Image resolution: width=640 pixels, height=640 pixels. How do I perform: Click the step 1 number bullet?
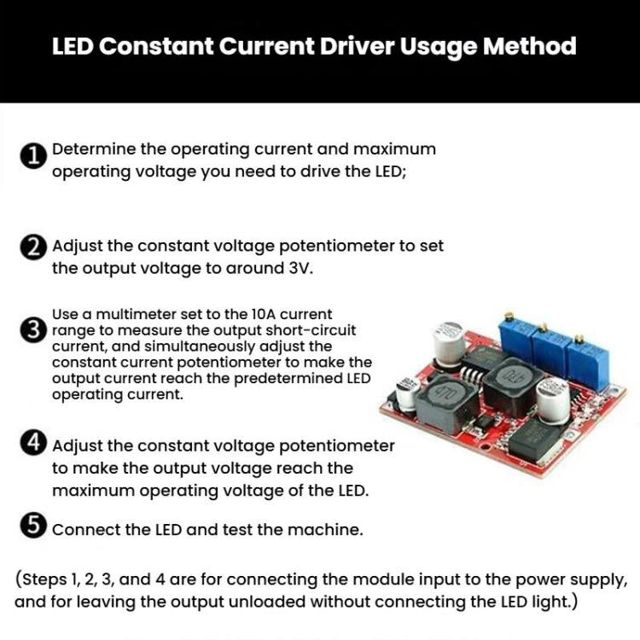tap(32, 157)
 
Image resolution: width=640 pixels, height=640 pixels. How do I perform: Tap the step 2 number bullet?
tap(32, 248)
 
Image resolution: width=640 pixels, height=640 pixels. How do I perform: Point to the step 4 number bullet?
tap(32, 443)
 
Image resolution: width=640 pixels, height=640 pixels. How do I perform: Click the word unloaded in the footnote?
tap(268, 602)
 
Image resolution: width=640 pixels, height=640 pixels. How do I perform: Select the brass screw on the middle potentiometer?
tap(543, 327)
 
